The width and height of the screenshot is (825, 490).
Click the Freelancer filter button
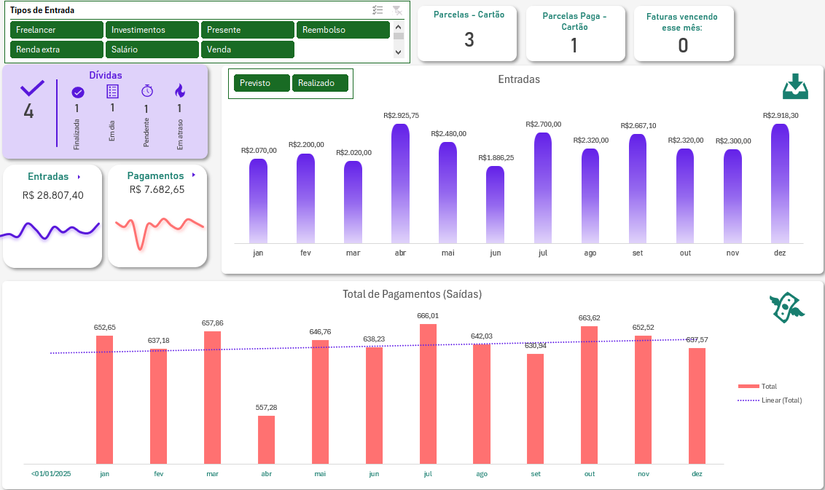[x=57, y=30]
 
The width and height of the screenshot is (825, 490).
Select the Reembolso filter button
[x=343, y=30]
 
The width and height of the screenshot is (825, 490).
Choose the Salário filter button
[x=152, y=50]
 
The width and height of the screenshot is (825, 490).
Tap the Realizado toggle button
[x=320, y=83]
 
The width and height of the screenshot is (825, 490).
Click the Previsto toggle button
[x=262, y=83]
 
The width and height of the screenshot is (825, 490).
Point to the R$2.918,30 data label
[x=780, y=115]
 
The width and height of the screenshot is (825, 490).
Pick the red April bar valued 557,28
[x=266, y=440]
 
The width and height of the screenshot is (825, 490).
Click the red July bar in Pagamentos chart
[x=428, y=394]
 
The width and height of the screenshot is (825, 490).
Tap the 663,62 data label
[x=590, y=317]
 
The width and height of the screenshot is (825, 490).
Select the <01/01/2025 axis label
[x=51, y=474]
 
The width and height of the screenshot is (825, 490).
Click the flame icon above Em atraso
[x=180, y=91]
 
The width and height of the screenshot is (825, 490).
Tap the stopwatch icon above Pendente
[x=146, y=91]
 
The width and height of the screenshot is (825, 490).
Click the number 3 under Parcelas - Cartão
[x=469, y=40]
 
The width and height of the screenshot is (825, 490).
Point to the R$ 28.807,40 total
[x=52, y=195]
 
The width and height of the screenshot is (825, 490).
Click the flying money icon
[x=786, y=308]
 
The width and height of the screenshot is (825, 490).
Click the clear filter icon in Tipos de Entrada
[x=397, y=10]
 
